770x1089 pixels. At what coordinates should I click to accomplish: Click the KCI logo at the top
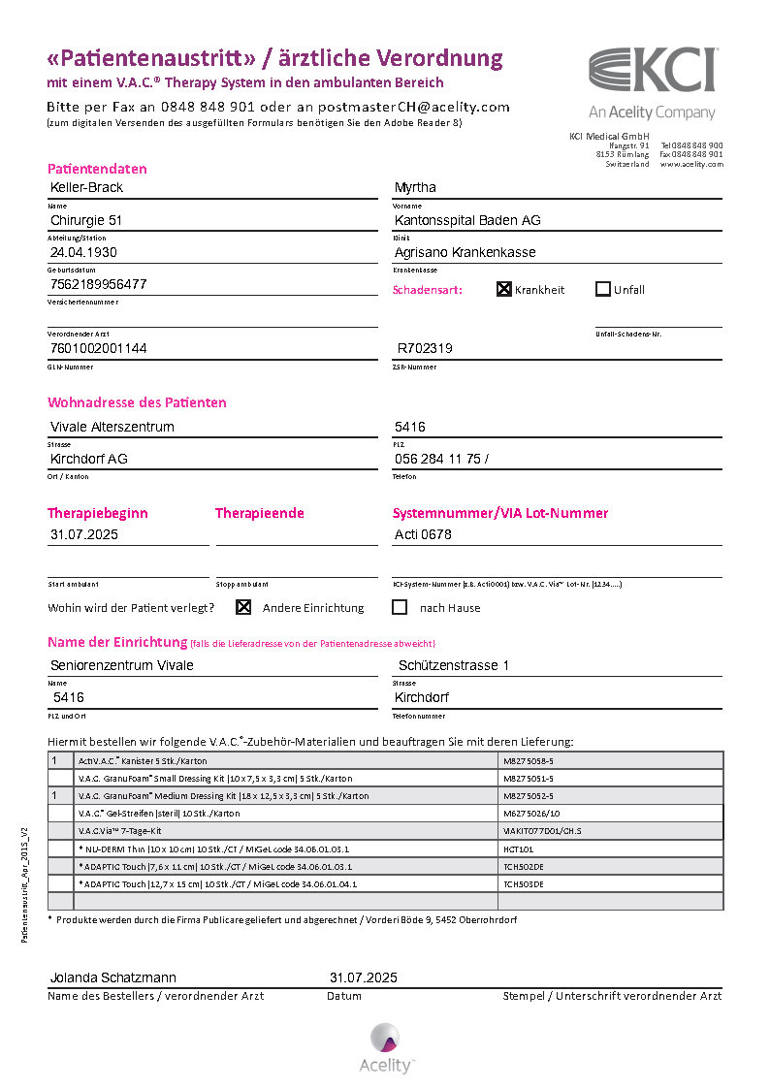[x=653, y=71]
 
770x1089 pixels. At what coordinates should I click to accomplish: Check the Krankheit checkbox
[x=504, y=289]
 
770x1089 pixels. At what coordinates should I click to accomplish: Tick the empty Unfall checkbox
[x=602, y=289]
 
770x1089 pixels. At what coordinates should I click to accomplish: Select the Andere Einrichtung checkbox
[x=243, y=607]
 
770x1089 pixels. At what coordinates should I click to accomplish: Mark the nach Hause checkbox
[x=399, y=607]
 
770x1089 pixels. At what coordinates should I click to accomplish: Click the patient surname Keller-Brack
[x=86, y=187]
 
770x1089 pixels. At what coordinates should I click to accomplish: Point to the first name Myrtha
[x=415, y=187]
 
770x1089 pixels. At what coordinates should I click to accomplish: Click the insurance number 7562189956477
[x=99, y=284]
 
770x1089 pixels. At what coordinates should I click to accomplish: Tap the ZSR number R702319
[x=425, y=347]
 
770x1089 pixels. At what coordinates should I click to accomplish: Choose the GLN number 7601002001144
[x=99, y=347]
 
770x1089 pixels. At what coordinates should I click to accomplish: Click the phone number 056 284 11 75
[x=438, y=459]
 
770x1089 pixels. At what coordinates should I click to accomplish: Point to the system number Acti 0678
[x=423, y=534]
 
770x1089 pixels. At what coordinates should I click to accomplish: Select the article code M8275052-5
[x=529, y=796]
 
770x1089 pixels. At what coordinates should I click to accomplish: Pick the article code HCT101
[x=518, y=849]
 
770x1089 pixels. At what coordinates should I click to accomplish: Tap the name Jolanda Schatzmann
[x=113, y=977]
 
